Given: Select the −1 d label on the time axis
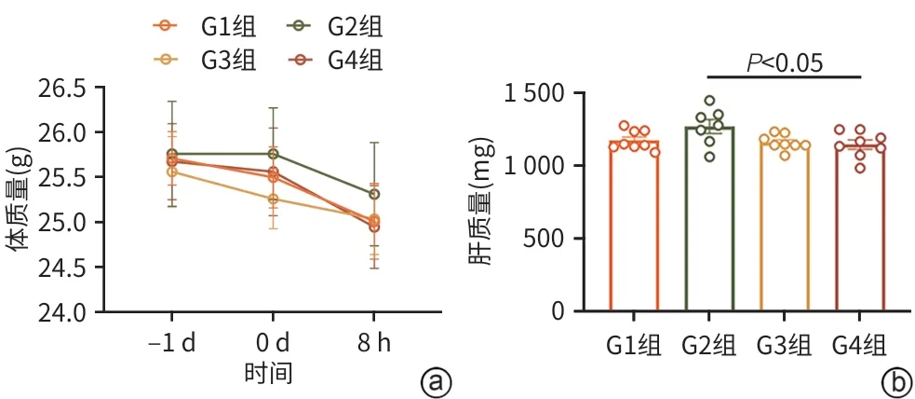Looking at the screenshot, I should click(x=171, y=344).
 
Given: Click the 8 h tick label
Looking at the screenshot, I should click(x=374, y=344).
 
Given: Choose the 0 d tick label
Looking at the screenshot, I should click(x=273, y=344).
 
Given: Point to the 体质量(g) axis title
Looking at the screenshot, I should click(x=20, y=200).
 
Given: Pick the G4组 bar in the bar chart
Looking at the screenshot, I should click(x=858, y=227).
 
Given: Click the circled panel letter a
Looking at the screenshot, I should click(x=436, y=380).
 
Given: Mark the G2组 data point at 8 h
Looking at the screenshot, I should click(x=374, y=194).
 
